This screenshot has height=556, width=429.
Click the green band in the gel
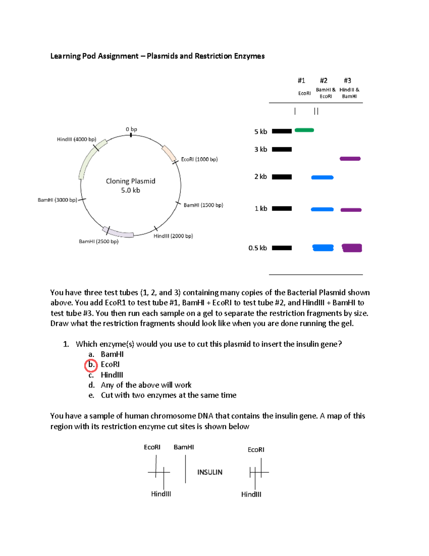[304, 130]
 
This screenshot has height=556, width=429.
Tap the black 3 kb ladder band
[282, 149]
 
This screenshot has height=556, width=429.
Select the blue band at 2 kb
[322, 177]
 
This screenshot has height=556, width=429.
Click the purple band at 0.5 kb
[352, 248]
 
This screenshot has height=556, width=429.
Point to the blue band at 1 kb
[322, 209]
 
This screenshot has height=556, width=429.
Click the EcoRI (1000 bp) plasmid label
[199, 159]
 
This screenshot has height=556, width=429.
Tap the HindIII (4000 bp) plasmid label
[77, 139]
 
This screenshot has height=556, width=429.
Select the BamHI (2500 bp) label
[99, 241]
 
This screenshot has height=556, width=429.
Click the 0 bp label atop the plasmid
[131, 129]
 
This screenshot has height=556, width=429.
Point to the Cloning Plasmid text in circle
[130, 181]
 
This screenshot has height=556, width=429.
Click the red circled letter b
[91, 365]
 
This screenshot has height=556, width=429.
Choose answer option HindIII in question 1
[112, 375]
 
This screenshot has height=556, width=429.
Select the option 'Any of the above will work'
[146, 385]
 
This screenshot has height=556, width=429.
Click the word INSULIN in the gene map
[210, 472]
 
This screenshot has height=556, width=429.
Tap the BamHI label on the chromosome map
[184, 447]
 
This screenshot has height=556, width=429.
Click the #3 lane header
[347, 81]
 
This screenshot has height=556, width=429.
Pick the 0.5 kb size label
[257, 248]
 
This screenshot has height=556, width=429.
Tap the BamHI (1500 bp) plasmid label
[203, 205]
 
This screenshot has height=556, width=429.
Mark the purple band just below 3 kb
[350, 159]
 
